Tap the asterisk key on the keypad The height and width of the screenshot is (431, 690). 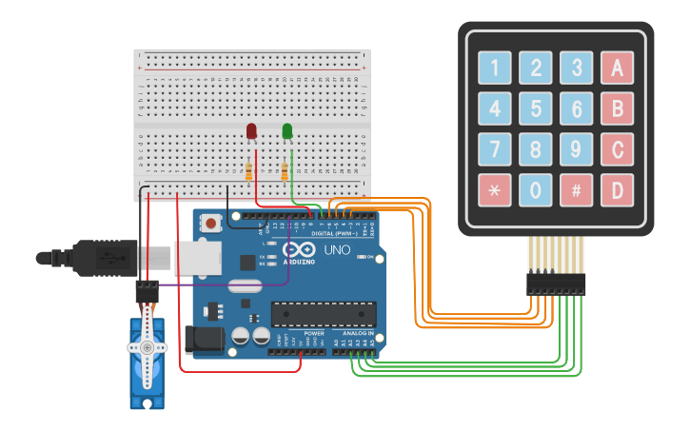coord(494,190)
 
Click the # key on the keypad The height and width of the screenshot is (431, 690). coord(576,190)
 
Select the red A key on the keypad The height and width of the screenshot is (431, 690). coord(617,68)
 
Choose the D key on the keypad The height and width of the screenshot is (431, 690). coord(617,190)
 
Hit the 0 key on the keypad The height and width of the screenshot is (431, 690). coord(535,190)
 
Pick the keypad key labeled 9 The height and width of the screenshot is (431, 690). coord(576,149)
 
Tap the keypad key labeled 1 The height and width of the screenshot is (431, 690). coord(494,68)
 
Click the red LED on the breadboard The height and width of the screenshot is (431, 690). coord(251,130)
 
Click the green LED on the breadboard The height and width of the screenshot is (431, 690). coord(287,130)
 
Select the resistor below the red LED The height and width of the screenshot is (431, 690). coord(249,172)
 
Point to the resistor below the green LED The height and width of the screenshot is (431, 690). coord(285,172)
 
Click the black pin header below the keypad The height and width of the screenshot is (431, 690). coord(556,283)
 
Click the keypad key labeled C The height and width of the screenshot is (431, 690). coord(617,149)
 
